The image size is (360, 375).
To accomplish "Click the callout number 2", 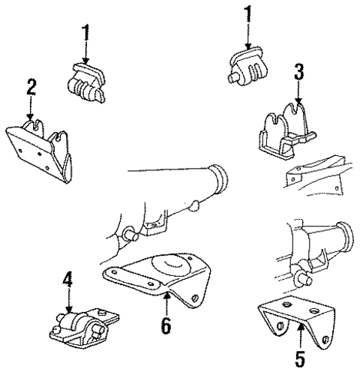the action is [x=31, y=87].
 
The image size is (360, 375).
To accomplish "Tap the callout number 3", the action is [x=299, y=72].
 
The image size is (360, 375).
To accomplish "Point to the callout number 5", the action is [x=300, y=358].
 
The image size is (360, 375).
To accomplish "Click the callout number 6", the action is [x=166, y=325].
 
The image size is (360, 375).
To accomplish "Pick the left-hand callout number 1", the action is [x=85, y=32].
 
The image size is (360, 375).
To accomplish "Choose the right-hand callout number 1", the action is [x=247, y=14].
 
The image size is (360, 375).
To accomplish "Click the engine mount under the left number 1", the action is [x=86, y=83].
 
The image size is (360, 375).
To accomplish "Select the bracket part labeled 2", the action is [x=40, y=150].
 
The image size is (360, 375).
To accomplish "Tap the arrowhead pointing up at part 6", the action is [x=166, y=296].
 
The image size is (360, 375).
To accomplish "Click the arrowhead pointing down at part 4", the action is [x=69, y=310].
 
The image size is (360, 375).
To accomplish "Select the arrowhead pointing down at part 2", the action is [x=30, y=116].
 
